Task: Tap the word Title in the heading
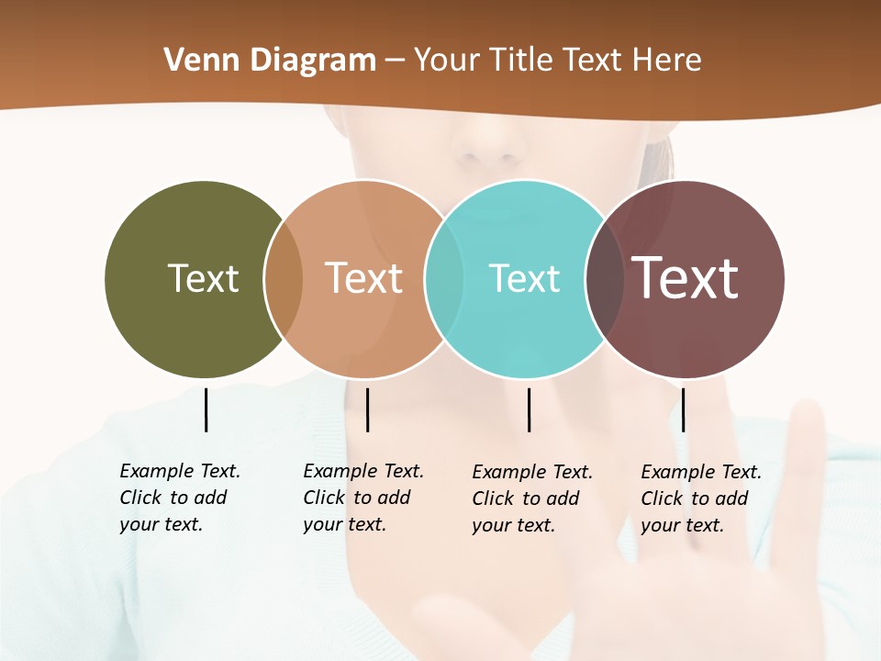click(x=522, y=61)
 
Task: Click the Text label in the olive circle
click(x=203, y=278)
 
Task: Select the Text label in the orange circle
click(x=363, y=278)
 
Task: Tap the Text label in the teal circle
click(x=524, y=278)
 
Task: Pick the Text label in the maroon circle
click(x=685, y=278)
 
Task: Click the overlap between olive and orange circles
click(x=284, y=279)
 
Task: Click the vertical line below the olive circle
click(x=206, y=409)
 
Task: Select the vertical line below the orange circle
click(x=367, y=409)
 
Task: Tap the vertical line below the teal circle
click(x=529, y=409)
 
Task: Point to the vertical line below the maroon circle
click(x=683, y=409)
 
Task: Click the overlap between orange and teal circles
click(x=444, y=279)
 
